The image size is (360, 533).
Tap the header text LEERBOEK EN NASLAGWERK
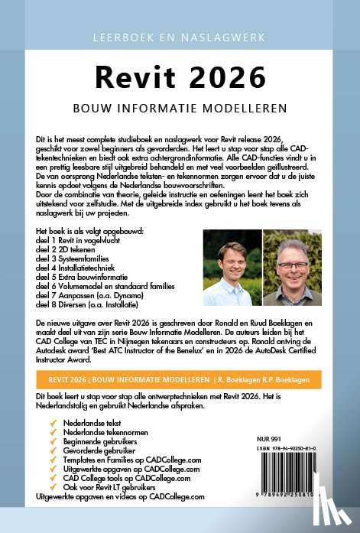point(180,37)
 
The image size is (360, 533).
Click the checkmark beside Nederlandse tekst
point(51,421)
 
